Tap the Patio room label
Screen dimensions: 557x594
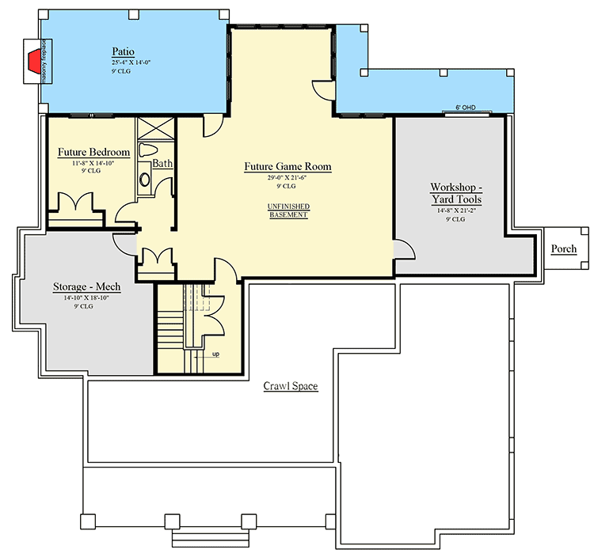pyautogui.click(x=123, y=51)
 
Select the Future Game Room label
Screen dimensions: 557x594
pyautogui.click(x=287, y=167)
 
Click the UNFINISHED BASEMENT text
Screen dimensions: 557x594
pyautogui.click(x=287, y=210)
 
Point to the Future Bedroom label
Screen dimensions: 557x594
pyautogui.click(x=93, y=151)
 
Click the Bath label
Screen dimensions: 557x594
pyautogui.click(x=162, y=163)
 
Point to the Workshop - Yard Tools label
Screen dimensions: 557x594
pyautogui.click(x=455, y=193)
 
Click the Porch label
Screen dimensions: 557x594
pyautogui.click(x=564, y=249)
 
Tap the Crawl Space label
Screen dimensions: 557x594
pyautogui.click(x=291, y=386)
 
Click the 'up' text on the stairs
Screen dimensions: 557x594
pyautogui.click(x=215, y=354)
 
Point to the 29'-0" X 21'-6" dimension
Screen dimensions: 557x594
pyautogui.click(x=287, y=178)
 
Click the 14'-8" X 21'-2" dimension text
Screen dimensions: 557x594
pyautogui.click(x=455, y=210)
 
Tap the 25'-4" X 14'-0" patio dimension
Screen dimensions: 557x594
pyautogui.click(x=123, y=62)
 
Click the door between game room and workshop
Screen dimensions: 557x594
pyautogui.click(x=404, y=250)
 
